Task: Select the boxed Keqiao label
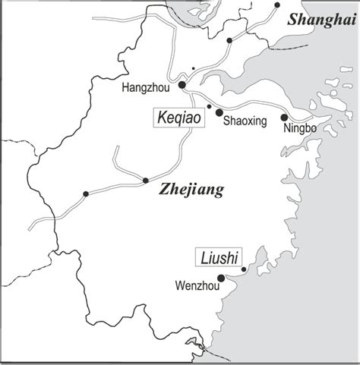click(x=179, y=119)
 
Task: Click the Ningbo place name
click(x=298, y=128)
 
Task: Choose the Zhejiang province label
click(x=193, y=190)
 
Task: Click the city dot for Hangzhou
click(x=182, y=85)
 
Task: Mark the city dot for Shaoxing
click(x=219, y=112)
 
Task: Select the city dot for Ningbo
click(x=284, y=118)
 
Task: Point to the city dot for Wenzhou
click(x=221, y=278)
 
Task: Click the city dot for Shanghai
click(x=278, y=5)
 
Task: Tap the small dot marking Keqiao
click(x=209, y=106)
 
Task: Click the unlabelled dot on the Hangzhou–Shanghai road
click(x=229, y=40)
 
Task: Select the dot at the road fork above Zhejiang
click(x=145, y=181)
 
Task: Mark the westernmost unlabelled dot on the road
click(x=86, y=195)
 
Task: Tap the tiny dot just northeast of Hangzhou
click(x=194, y=69)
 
